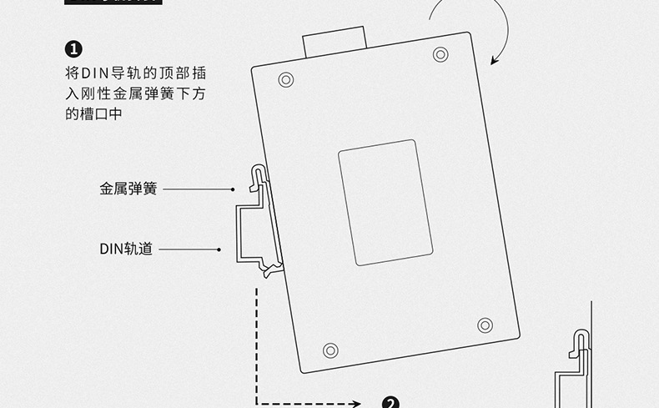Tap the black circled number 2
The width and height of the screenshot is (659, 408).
coord(390,403)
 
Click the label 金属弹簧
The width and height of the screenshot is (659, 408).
coord(128,189)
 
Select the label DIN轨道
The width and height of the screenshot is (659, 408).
coord(126,249)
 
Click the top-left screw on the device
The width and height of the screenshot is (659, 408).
coord(286,79)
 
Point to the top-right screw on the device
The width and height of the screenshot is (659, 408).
coord(440,54)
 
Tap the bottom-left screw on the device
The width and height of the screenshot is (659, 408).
coord(330,349)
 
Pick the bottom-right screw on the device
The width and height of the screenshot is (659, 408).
coord(485,325)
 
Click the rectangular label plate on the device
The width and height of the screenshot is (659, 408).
coord(385,203)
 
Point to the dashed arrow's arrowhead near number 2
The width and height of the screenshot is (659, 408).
coord(357,404)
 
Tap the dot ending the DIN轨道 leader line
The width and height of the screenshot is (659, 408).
coord(219,249)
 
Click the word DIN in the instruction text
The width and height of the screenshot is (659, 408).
coord(92,73)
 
